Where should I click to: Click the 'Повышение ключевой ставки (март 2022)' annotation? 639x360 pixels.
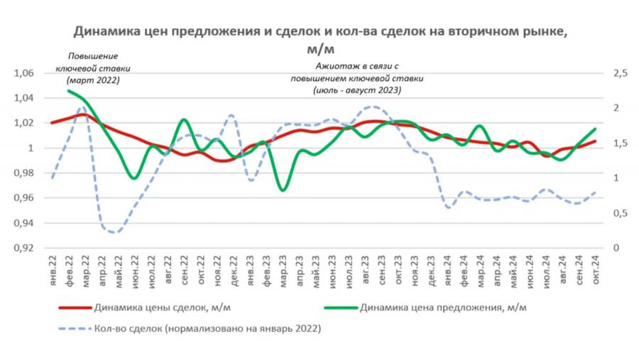92,68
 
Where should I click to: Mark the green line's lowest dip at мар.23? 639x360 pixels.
283,190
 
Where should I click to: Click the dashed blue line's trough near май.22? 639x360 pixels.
114,232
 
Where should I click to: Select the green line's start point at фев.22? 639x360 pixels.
68,91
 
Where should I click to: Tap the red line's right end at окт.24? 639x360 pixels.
595,141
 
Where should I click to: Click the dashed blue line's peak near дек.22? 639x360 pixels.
230,115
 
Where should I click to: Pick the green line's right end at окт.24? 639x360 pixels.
595,129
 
